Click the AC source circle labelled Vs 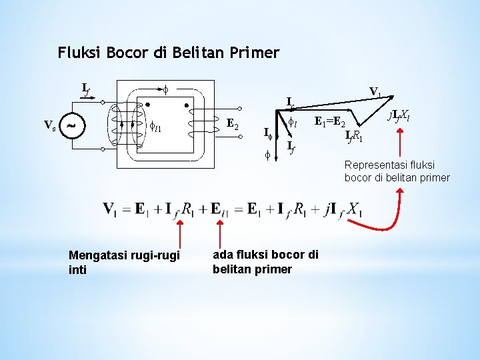click(x=72, y=125)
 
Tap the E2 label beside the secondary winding click(x=233, y=123)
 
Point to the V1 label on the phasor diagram click(x=375, y=91)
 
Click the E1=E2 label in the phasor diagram click(x=329, y=122)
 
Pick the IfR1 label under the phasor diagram click(x=354, y=137)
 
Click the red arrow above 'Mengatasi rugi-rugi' click(x=179, y=235)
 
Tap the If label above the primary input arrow click(x=86, y=89)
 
